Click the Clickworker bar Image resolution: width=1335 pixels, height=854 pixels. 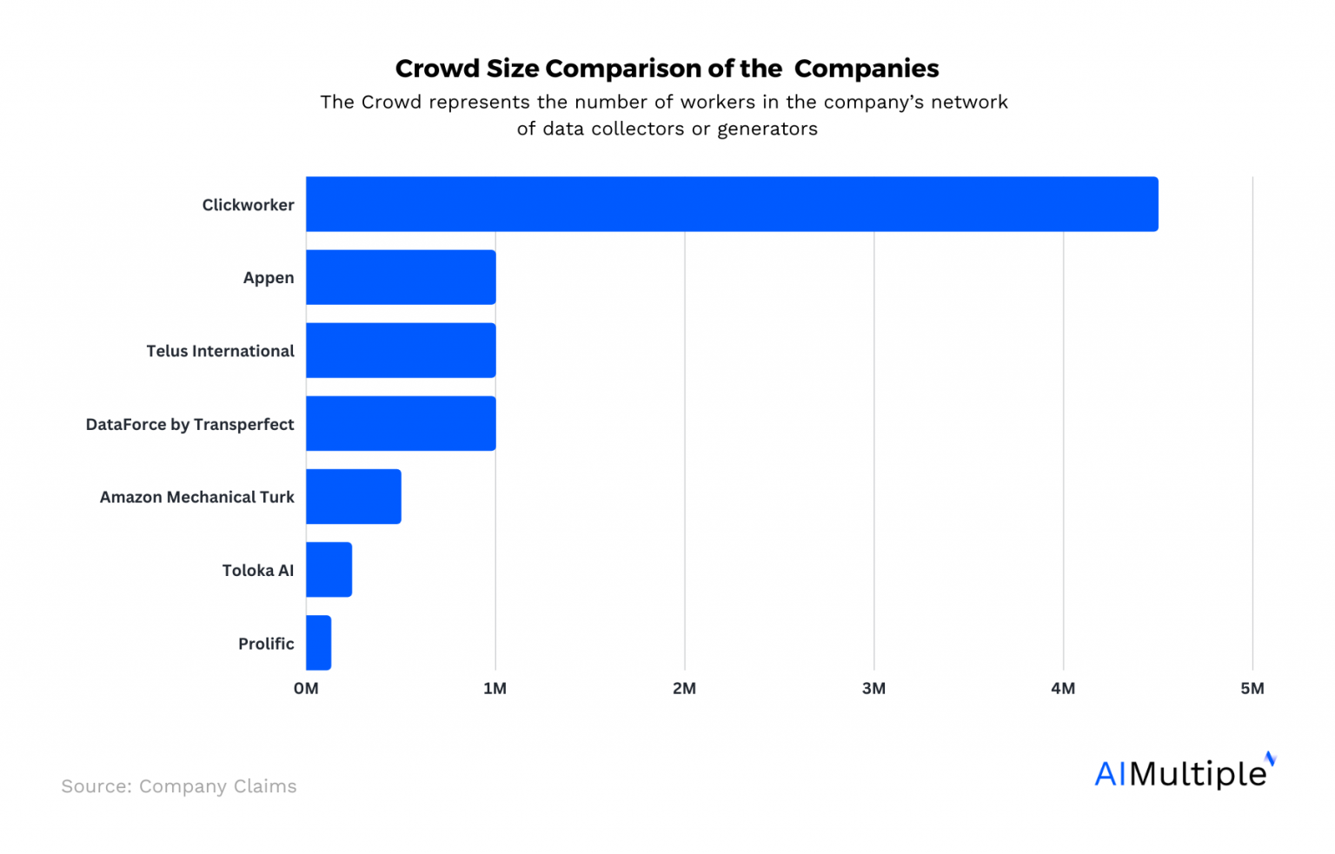coord(732,204)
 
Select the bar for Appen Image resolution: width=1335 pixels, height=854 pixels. coord(401,277)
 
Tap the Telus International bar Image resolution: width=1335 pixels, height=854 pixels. coord(401,350)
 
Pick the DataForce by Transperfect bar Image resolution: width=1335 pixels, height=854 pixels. coord(401,423)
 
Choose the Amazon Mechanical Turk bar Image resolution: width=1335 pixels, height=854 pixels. coord(354,496)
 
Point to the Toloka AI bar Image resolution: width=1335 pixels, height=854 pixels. coord(329,570)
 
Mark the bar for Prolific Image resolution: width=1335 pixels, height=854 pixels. coord(318,643)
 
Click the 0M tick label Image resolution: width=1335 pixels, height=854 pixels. coord(306,688)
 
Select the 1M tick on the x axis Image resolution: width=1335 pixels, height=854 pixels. coord(495,688)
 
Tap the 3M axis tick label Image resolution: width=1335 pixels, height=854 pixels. coord(873,688)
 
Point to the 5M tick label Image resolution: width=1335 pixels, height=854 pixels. coord(1252,688)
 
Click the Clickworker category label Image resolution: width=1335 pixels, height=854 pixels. coord(248,205)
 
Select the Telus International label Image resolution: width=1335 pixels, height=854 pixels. coord(220,351)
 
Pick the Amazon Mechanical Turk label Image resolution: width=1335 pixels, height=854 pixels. coord(196,497)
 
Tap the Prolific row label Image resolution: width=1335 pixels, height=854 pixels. coord(266,644)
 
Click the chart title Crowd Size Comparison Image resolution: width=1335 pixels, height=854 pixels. coord(667,69)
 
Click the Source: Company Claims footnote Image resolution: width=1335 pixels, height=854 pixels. coord(179,786)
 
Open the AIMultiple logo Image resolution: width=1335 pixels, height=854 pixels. coord(1184,772)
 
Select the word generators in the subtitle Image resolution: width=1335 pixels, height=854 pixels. coord(767,129)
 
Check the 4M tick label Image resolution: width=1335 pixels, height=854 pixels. coord(1062,688)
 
